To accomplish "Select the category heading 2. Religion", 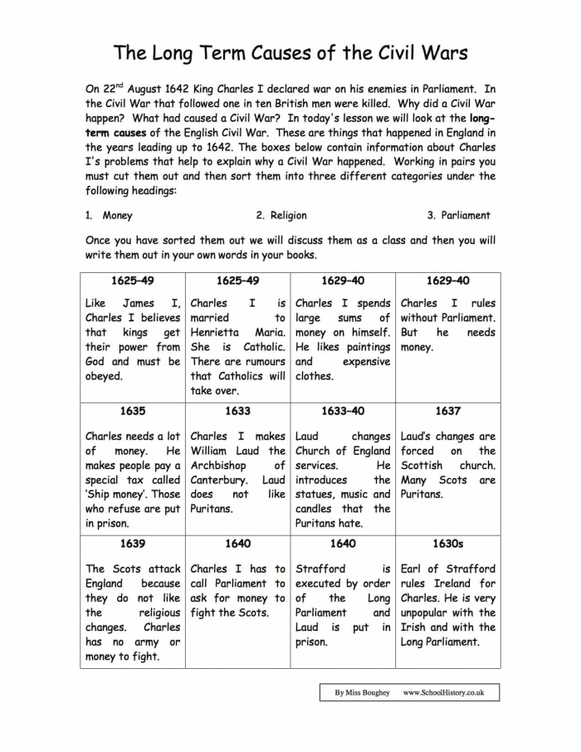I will [x=281, y=215].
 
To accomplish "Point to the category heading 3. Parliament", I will [x=458, y=215].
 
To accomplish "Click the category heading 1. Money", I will [x=109, y=215].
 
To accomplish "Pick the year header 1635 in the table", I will [x=133, y=410].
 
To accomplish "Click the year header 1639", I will [x=133, y=543].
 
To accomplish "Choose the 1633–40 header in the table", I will [x=342, y=410].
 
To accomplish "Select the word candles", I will [x=314, y=509].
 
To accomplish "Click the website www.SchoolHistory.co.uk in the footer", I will [x=443, y=691].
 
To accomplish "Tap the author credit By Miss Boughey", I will [x=362, y=691].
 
